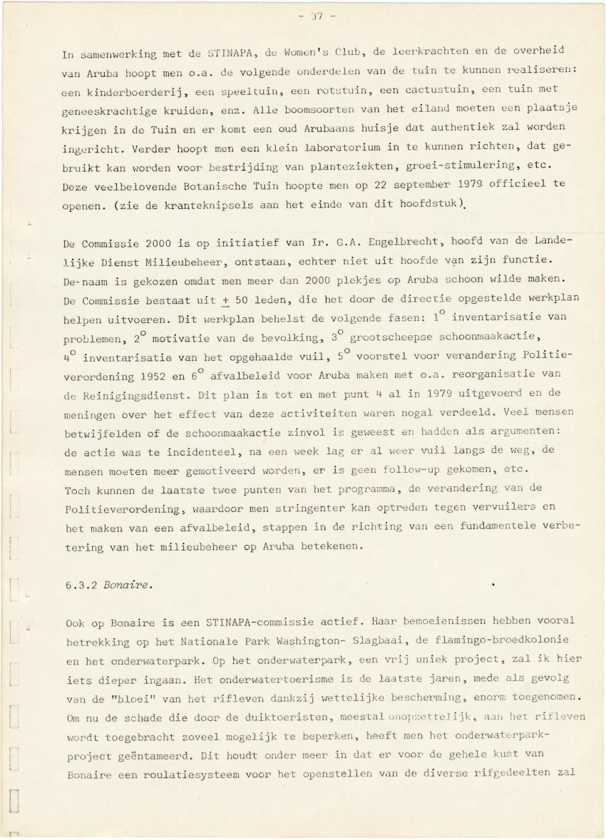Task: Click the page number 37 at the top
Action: (x=307, y=15)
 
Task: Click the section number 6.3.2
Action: (x=78, y=585)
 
